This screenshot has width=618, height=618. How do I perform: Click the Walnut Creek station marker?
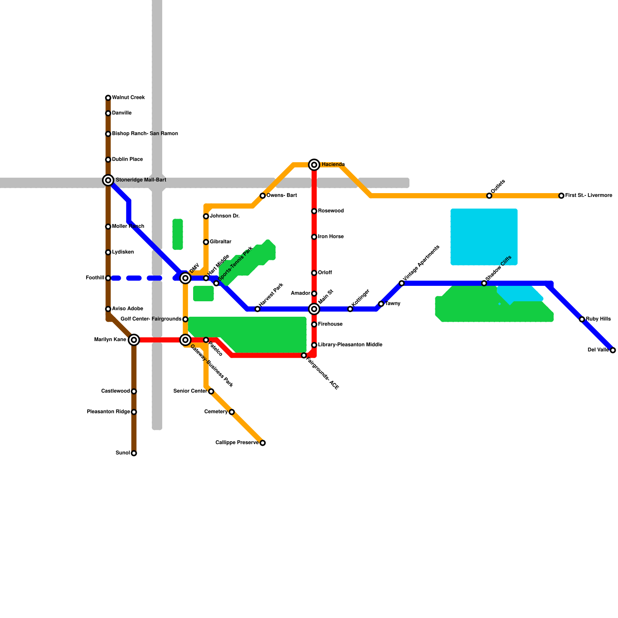tap(108, 98)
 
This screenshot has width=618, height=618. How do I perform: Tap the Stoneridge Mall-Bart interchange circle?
tap(108, 180)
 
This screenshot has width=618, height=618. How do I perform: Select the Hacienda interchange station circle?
tap(314, 165)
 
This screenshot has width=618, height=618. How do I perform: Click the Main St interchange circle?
tap(314, 309)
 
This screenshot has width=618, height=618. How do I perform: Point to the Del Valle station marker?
tap(613, 350)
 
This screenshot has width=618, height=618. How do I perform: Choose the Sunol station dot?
tap(134, 453)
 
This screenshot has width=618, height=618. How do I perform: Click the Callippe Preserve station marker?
tap(263, 443)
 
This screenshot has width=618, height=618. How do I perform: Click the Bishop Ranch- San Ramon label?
tap(145, 134)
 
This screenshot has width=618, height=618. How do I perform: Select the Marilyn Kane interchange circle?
tap(134, 340)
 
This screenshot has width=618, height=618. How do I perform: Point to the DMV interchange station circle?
tap(186, 278)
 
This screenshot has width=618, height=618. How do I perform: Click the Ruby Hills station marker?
tap(582, 319)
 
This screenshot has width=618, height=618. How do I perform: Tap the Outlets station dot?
tap(489, 196)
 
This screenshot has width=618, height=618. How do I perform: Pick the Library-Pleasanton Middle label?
tap(350, 345)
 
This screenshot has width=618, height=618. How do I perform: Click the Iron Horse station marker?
tap(314, 237)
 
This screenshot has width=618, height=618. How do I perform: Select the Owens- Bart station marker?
tap(263, 196)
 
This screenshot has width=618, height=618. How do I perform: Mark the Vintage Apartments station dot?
tap(402, 284)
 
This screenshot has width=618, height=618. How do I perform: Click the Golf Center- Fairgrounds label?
tap(151, 319)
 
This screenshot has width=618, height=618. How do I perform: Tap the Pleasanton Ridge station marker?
tap(134, 412)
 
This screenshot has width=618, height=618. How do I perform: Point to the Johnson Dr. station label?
tap(224, 216)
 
